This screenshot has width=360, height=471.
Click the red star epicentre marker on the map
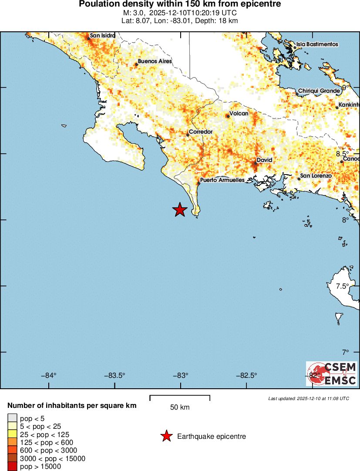pos(180,210)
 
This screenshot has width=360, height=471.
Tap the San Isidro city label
pos(103,36)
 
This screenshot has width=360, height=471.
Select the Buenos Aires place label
pos(155,61)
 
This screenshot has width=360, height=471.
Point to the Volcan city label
pos(239,114)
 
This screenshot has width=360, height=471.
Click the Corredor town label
pos(200,131)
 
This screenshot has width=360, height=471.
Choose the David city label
pos(264,160)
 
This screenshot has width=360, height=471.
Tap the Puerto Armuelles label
pos(222,180)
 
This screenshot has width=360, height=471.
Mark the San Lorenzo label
pos(316,176)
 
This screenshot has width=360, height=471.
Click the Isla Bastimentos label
pos(317,44)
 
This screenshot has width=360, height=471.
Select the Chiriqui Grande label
pos(319,91)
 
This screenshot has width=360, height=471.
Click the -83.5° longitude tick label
pos(114,376)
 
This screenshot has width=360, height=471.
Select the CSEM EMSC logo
pos(332,373)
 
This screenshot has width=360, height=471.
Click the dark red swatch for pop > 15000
pos(13,467)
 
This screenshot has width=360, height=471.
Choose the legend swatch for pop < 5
pos(13,418)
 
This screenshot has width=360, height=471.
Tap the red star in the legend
pos(166,436)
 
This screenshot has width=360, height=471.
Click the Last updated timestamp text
pos(309,398)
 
